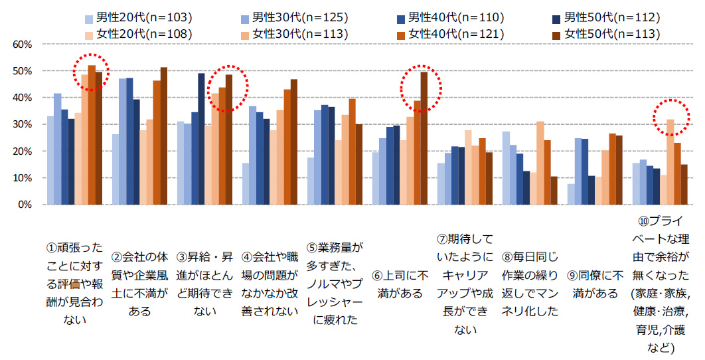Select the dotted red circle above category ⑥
point(421,88)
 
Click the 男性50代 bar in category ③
point(201,139)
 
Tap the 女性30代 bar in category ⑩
point(670,162)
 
